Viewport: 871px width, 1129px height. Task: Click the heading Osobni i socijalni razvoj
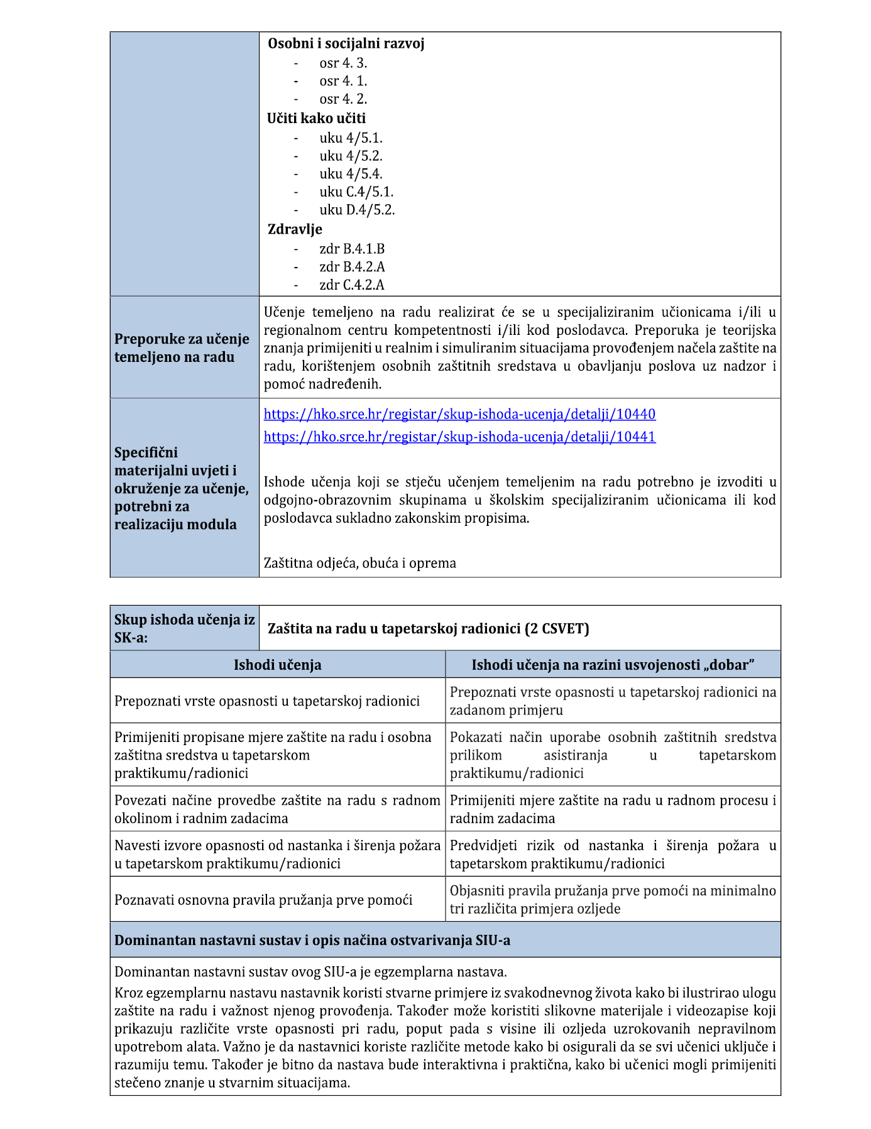coord(346,43)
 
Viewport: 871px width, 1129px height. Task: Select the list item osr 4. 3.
coord(342,63)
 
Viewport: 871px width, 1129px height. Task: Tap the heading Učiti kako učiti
coord(316,118)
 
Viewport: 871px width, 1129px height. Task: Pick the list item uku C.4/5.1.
coord(356,192)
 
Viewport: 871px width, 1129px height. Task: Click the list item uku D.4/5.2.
coord(357,210)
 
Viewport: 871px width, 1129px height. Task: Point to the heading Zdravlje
coord(295,229)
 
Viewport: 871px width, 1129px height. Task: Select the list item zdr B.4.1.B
coord(352,249)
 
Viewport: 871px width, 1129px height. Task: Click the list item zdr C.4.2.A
coord(352,285)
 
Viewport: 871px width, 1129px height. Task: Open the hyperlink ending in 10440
coord(459,414)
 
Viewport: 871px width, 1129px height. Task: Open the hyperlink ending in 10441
coord(459,437)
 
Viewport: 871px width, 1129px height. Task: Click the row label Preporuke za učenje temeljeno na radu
coord(182,347)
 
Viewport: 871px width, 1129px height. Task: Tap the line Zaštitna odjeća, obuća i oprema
coord(359,563)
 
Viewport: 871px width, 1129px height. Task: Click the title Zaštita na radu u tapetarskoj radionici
coord(428,628)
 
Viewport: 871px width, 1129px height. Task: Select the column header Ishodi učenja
coord(277,665)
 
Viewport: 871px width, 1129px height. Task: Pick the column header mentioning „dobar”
coord(613,665)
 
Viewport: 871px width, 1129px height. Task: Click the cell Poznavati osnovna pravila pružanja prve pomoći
coord(263,900)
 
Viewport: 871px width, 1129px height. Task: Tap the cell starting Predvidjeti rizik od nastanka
coord(613,854)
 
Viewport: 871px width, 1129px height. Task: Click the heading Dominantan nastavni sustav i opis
coord(312,940)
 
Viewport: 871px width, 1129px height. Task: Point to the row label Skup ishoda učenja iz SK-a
coord(184,628)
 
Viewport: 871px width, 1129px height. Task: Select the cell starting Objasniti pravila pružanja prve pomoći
coord(613,900)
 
